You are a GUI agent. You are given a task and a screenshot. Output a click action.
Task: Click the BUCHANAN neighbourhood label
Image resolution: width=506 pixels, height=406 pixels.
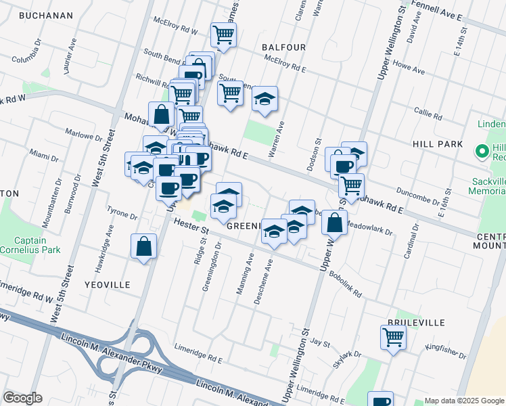click(46, 16)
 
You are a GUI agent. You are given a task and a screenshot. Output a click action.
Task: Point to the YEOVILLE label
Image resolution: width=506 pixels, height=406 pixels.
click(107, 285)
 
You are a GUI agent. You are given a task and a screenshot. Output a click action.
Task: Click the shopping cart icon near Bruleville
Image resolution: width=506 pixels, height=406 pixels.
click(393, 336)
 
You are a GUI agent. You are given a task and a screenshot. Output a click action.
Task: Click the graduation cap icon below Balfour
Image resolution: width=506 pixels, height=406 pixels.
click(265, 99)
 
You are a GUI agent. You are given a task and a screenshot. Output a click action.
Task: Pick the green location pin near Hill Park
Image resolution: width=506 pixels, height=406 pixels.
click(483, 150)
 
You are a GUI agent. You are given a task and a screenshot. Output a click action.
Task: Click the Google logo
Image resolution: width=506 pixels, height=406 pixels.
click(22, 398)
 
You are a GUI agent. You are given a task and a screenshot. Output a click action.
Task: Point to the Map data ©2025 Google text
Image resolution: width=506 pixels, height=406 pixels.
click(464, 401)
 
